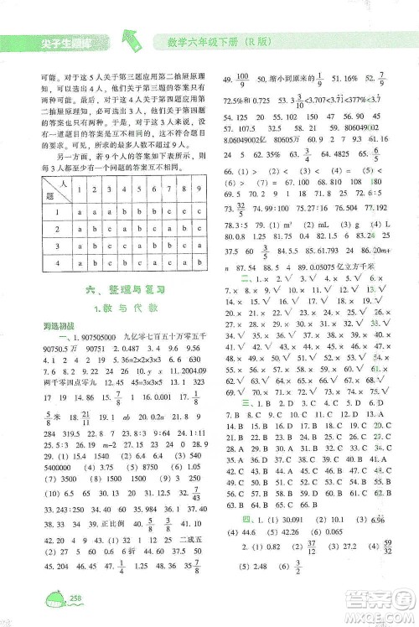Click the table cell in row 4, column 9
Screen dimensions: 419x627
(194, 263)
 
